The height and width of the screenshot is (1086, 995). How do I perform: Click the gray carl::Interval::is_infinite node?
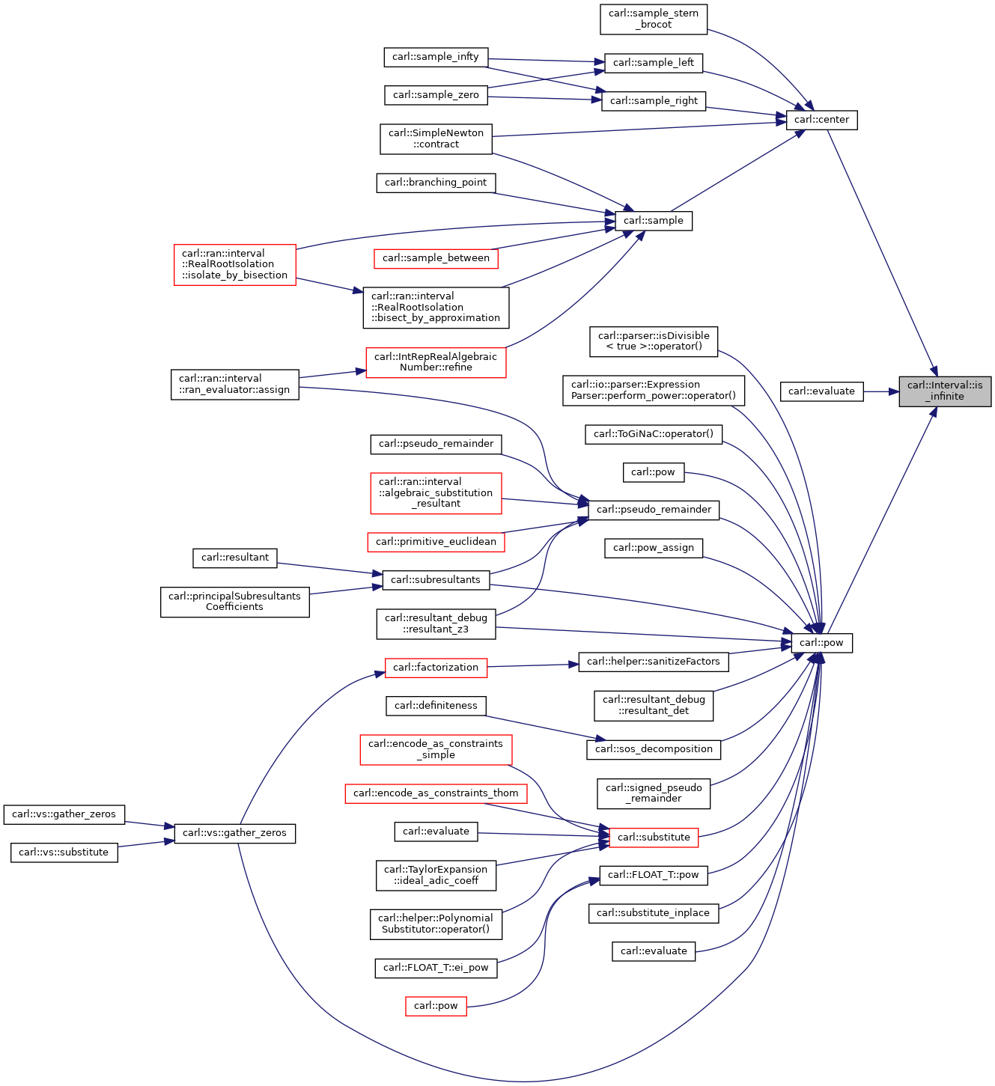pyautogui.click(x=945, y=391)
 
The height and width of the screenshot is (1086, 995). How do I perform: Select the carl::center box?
pyautogui.click(x=821, y=120)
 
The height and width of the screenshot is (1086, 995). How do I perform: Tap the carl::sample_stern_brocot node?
pyautogui.click(x=653, y=19)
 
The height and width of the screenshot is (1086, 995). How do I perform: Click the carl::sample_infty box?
pyautogui.click(x=436, y=57)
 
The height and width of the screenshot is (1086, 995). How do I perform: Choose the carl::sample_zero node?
pyautogui.click(x=436, y=95)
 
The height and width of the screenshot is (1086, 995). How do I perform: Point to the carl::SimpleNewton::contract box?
pyautogui.click(x=436, y=139)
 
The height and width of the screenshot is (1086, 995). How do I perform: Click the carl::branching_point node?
pyautogui.click(x=436, y=183)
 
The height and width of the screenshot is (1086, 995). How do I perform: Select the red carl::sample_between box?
pyautogui.click(x=436, y=258)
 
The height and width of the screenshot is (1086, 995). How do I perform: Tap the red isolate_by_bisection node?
pyautogui.click(x=234, y=265)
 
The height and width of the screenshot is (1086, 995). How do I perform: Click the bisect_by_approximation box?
pyautogui.click(x=436, y=308)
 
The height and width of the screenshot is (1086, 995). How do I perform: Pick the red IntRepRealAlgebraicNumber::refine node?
pyautogui.click(x=436, y=362)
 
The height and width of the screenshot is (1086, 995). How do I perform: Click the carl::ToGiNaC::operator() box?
pyautogui.click(x=653, y=434)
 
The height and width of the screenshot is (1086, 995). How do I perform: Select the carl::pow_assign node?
pyautogui.click(x=653, y=548)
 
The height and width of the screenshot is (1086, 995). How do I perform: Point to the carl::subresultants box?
pyautogui.click(x=436, y=580)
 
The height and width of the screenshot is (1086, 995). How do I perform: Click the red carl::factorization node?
pyautogui.click(x=436, y=668)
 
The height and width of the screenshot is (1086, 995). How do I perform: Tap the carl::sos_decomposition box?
pyautogui.click(x=653, y=749)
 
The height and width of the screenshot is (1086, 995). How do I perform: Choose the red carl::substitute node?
pyautogui.click(x=653, y=838)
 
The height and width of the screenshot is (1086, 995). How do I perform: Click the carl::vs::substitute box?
pyautogui.click(x=64, y=852)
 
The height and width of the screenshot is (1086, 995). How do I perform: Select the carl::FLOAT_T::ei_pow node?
pyautogui.click(x=436, y=968)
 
